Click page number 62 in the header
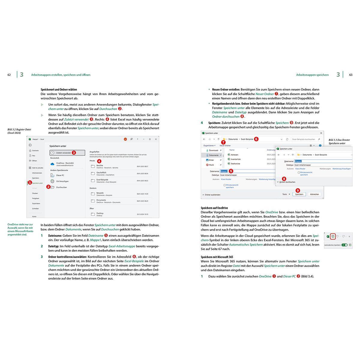tap(9, 75)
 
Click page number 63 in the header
tap(351, 75)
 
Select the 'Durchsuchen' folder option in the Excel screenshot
tap(61, 187)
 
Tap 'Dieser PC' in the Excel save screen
tap(60, 175)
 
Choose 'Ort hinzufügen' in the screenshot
tap(62, 181)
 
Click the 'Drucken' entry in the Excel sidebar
tap(35, 193)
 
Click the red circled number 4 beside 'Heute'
tap(99, 161)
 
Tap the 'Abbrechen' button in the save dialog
tap(314, 194)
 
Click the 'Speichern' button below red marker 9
tap(299, 194)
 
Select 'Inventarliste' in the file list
tap(235, 159)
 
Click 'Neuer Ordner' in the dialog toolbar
tap(225, 145)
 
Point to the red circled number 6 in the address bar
tap(256, 139)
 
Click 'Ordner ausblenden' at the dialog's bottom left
tap(212, 194)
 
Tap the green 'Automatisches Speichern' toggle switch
tap(344, 245)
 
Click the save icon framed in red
tap(333, 237)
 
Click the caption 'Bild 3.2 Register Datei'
tap(19, 130)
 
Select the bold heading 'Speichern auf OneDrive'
tap(214, 208)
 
